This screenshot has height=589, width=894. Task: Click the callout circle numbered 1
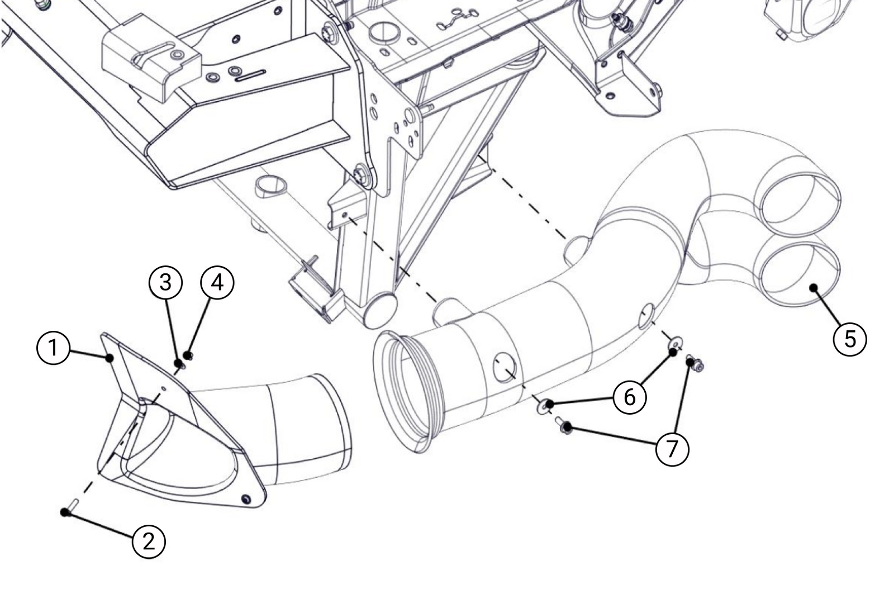point(53,348)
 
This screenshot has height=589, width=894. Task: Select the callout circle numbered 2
point(149,541)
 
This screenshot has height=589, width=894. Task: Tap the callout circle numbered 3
point(165,282)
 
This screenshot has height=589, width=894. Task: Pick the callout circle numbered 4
point(217,282)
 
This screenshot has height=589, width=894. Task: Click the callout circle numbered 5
point(849,339)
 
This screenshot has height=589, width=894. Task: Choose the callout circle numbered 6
point(630,397)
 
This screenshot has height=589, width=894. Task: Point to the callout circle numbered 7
point(672,448)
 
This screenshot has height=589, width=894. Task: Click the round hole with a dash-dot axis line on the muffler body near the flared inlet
point(505,368)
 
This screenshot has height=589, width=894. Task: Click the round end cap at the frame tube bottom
point(380,309)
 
